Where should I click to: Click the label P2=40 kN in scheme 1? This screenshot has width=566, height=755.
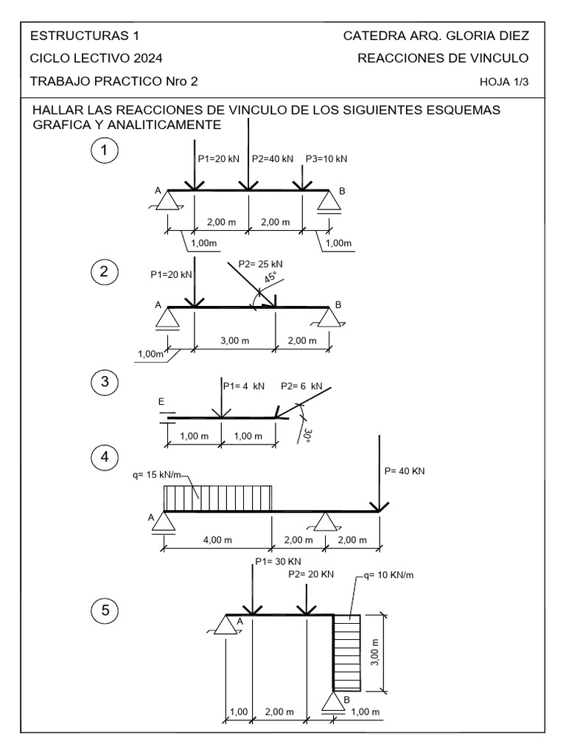[x=273, y=159]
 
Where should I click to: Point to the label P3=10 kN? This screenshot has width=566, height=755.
[x=326, y=159]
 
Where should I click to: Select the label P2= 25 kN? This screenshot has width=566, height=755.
[x=261, y=263]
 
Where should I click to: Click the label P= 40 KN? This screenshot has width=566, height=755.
[x=405, y=470]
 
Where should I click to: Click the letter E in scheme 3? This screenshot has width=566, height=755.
[x=161, y=402]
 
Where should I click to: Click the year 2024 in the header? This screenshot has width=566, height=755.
[x=147, y=59]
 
